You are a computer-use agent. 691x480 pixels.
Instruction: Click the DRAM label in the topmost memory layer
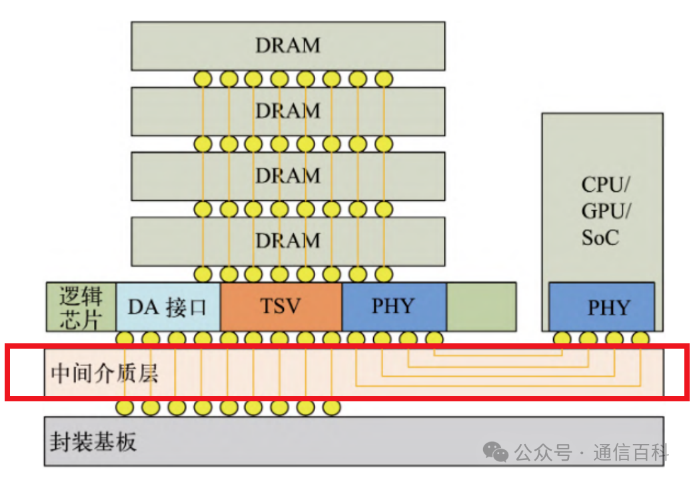coord(288,45)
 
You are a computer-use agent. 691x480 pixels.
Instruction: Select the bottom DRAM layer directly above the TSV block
coord(288,240)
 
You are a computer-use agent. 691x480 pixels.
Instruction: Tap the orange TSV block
coord(281,307)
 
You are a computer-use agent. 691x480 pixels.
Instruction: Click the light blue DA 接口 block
coord(168,307)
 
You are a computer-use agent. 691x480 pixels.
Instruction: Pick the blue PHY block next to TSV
coord(393,306)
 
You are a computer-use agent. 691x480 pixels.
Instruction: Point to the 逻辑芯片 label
coord(81,307)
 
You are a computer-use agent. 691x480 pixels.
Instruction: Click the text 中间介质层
coord(105,372)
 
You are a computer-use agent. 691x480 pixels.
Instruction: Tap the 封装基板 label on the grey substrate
coord(93,441)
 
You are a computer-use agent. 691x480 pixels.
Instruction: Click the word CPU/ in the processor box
coord(606,185)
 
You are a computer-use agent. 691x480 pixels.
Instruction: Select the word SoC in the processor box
coord(600,237)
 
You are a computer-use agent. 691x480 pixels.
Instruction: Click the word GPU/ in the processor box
coord(606,211)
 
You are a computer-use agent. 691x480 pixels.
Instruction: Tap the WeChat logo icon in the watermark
coord(496,452)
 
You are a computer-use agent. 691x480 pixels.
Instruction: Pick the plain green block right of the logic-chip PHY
coord(480,306)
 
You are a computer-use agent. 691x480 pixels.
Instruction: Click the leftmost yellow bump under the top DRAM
coord(203,79)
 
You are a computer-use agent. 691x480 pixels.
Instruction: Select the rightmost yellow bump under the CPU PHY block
coord(640,338)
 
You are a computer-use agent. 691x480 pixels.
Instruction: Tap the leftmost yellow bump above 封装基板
coord(125,406)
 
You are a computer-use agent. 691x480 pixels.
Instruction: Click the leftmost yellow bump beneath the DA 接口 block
coord(125,338)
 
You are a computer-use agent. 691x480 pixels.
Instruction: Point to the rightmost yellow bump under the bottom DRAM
coord(383,273)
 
